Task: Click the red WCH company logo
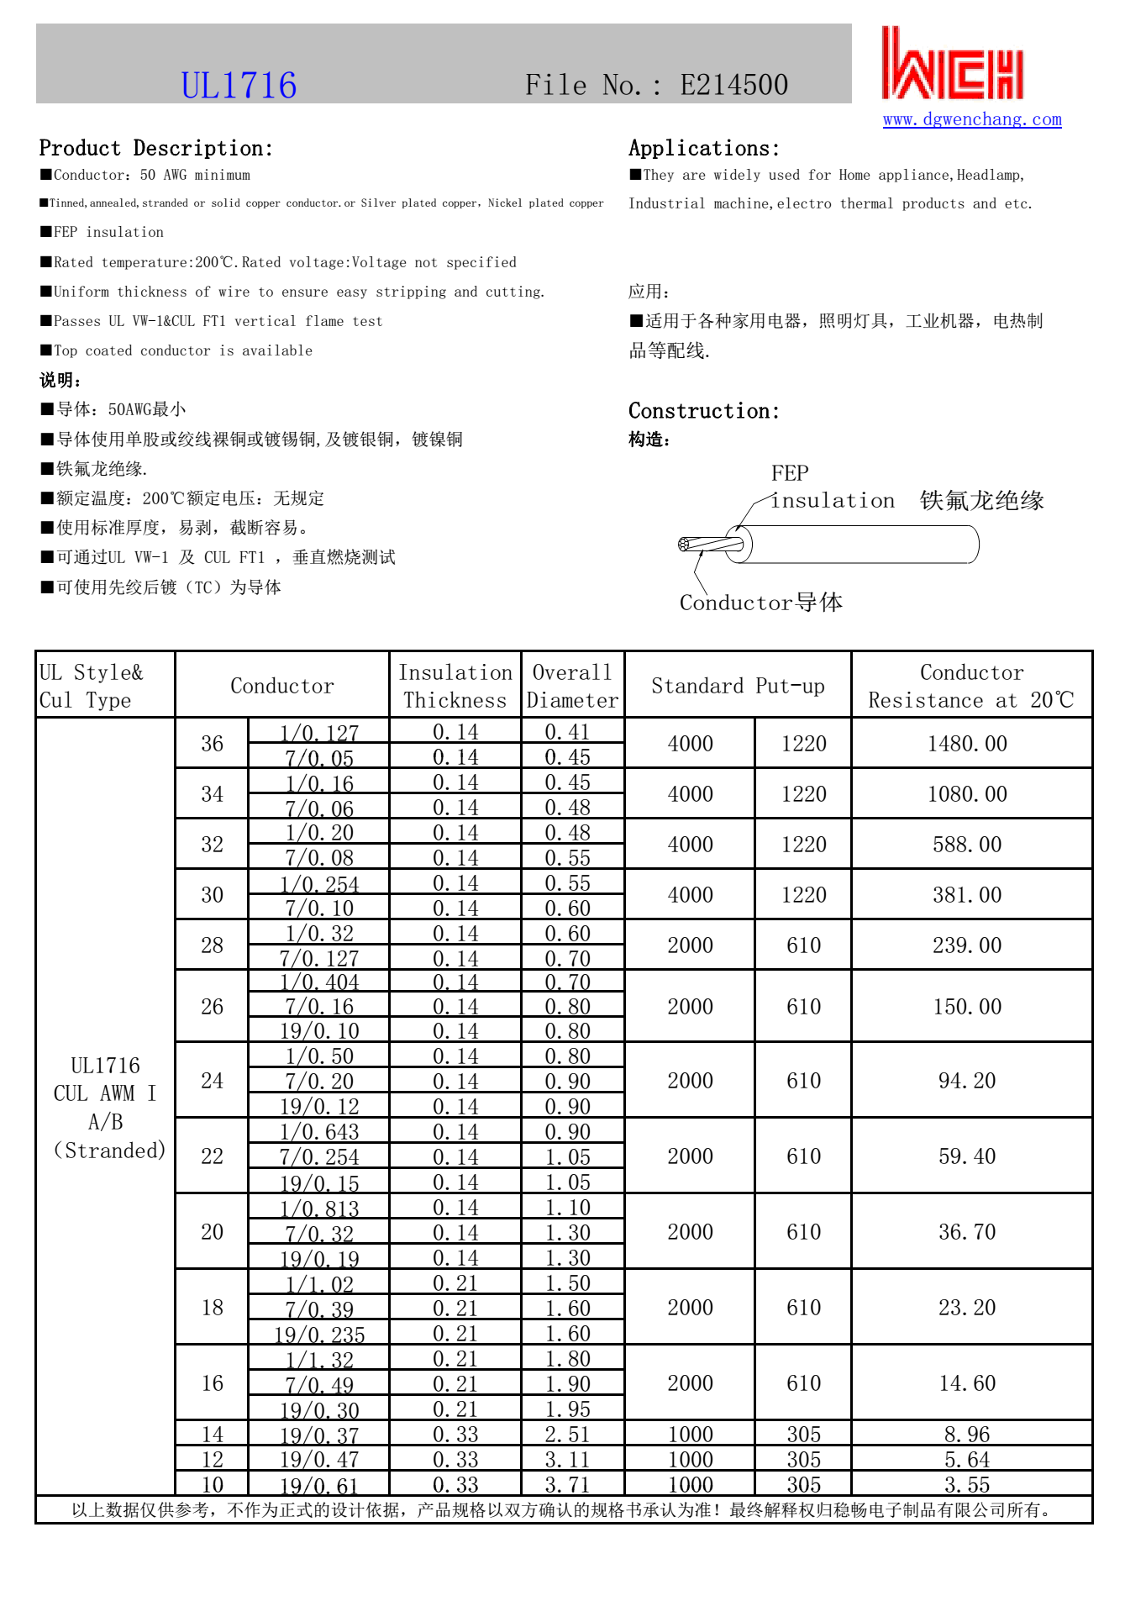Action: (952, 64)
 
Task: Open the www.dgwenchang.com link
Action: (972, 119)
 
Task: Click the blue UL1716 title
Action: (239, 86)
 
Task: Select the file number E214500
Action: (733, 85)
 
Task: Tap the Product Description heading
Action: (155, 149)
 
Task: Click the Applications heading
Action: (703, 149)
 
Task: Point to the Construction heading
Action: (703, 411)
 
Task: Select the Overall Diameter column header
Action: (572, 686)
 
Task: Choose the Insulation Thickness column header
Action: (455, 686)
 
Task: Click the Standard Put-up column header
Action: (738, 686)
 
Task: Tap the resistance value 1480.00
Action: (967, 744)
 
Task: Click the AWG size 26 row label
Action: (212, 1007)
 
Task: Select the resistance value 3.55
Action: (967, 1484)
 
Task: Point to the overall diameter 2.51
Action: (567, 1435)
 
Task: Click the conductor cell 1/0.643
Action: (319, 1132)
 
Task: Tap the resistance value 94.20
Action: (967, 1081)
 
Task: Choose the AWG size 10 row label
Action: (212, 1484)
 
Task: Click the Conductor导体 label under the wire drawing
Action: (760, 603)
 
